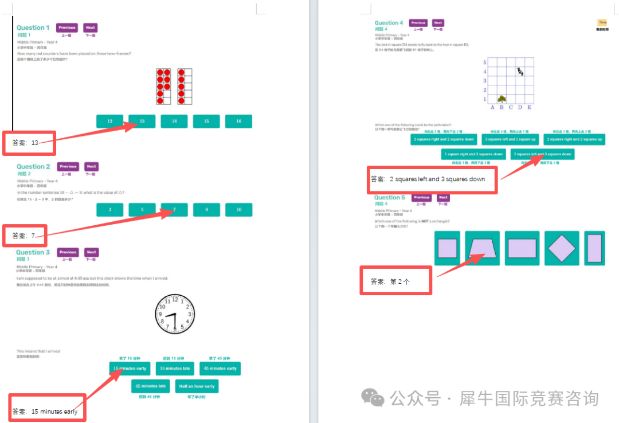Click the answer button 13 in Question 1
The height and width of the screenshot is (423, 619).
click(x=142, y=121)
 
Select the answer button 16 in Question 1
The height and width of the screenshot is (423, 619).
click(x=238, y=121)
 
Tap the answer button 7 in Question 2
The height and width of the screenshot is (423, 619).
click(x=174, y=210)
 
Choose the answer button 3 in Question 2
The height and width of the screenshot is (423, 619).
click(x=110, y=210)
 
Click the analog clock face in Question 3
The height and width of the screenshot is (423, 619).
click(x=175, y=314)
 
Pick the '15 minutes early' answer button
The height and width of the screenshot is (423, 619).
click(x=130, y=369)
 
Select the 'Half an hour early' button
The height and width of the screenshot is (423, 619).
click(x=197, y=386)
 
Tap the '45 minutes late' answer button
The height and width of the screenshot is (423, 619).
click(x=151, y=386)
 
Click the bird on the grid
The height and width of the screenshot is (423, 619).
click(x=520, y=72)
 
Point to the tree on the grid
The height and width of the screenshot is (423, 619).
click(x=502, y=99)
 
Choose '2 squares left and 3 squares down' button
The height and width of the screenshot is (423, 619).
click(x=542, y=154)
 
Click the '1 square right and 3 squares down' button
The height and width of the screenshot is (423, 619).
click(x=475, y=154)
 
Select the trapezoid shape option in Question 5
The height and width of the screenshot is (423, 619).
click(x=483, y=248)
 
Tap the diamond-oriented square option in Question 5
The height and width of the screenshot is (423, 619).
click(x=561, y=248)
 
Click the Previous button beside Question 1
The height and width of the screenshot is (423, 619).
click(x=66, y=28)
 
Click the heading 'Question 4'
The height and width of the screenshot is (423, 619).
click(x=389, y=23)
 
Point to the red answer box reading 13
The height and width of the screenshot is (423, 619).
click(x=29, y=143)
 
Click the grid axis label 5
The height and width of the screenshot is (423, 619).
click(x=484, y=62)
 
